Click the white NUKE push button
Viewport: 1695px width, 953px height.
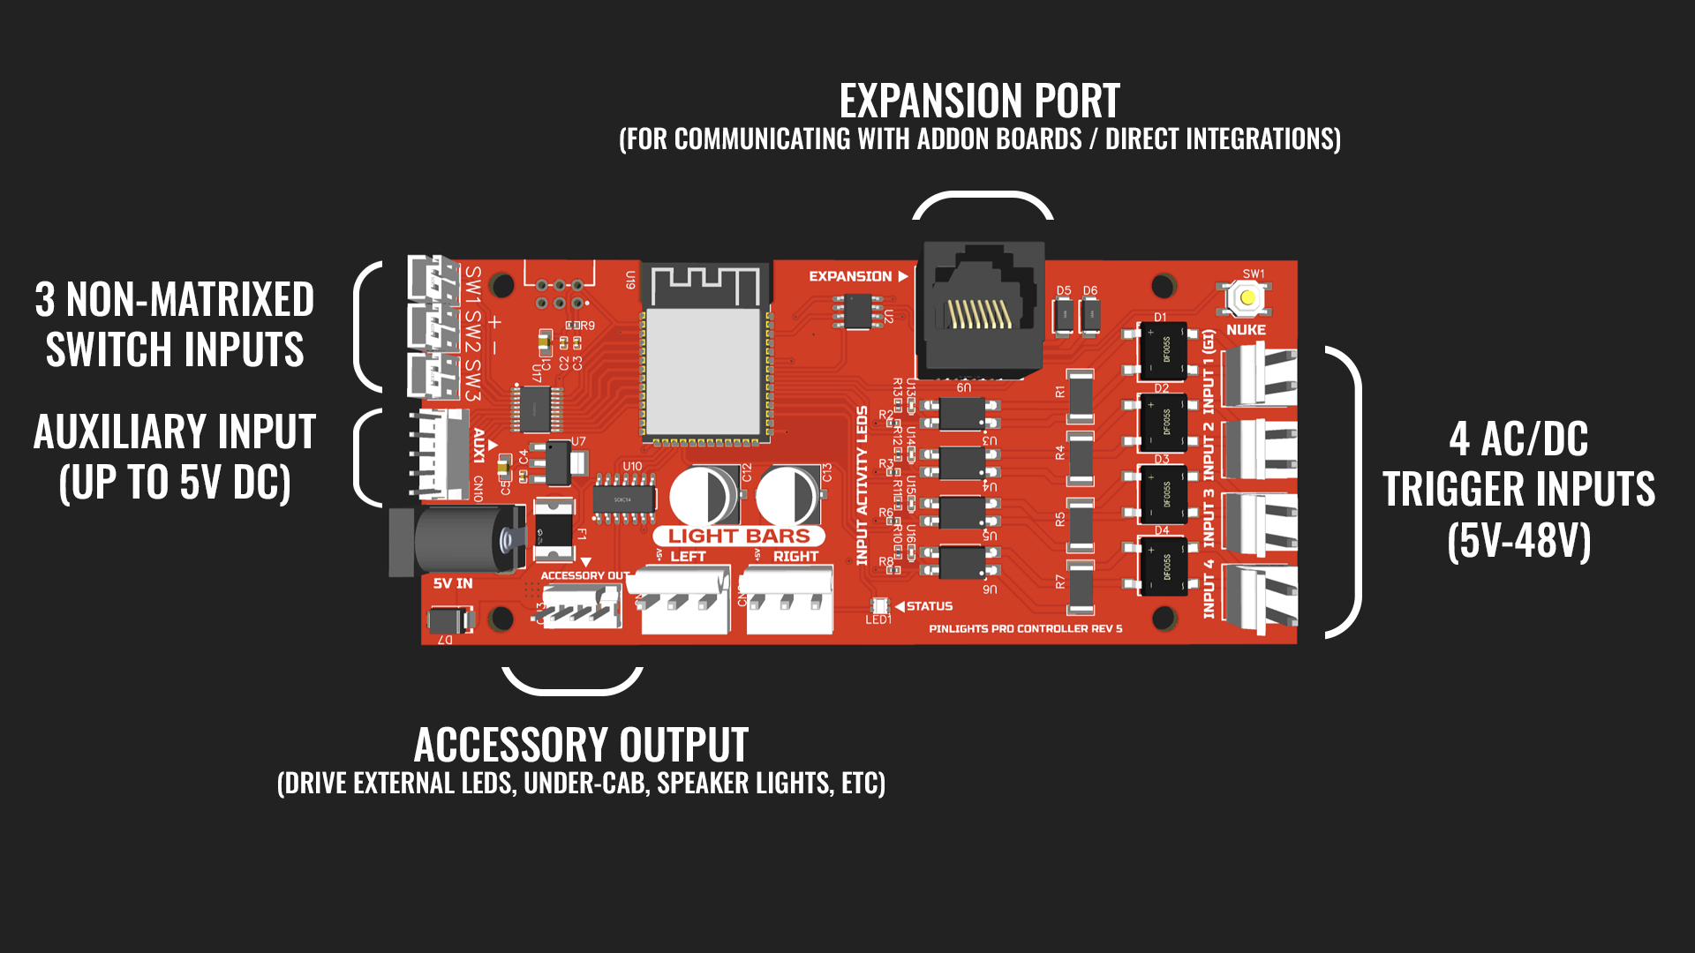point(1247,298)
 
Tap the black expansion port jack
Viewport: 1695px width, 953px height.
point(982,309)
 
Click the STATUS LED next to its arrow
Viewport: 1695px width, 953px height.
point(878,605)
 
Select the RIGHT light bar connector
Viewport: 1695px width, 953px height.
point(788,600)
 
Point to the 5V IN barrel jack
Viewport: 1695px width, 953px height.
point(459,538)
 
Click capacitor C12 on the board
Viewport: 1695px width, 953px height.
point(704,496)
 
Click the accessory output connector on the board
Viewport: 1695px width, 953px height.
point(581,606)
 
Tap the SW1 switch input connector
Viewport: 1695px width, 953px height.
point(433,279)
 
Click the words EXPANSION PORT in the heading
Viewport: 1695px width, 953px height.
point(979,101)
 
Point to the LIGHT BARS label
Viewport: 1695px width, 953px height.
point(738,536)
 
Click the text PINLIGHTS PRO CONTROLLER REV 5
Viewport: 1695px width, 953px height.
point(1025,629)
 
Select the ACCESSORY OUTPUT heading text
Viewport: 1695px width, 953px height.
point(581,745)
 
